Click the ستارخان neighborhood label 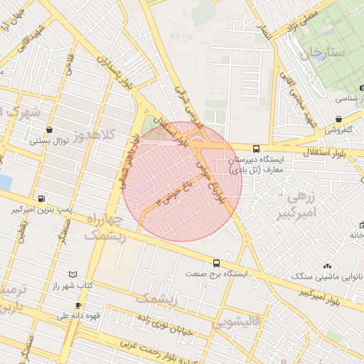321,53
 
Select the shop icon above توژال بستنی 49,129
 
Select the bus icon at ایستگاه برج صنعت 216,262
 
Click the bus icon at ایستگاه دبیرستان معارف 256,149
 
